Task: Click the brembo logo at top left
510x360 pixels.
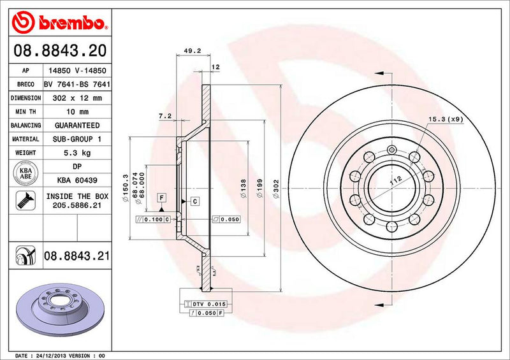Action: (57, 24)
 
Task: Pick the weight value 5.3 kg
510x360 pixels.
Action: (75, 153)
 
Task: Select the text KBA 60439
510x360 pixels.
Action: (75, 181)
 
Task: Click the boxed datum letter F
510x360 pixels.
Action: (162, 198)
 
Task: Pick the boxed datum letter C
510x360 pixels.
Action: (194, 201)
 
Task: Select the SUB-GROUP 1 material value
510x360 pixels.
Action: (75, 139)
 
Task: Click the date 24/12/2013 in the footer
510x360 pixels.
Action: (53, 354)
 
